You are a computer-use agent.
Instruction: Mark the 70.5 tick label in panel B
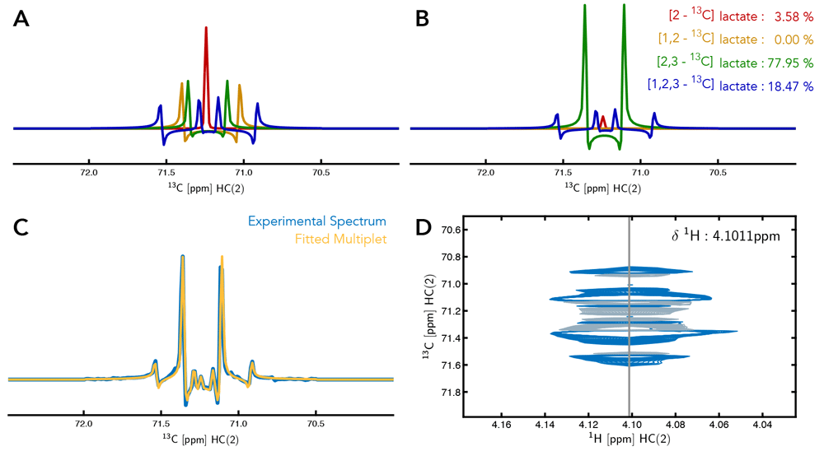click(718, 174)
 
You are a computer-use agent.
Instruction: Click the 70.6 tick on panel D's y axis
click(447, 230)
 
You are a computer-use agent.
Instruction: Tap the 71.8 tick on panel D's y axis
click(447, 392)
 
